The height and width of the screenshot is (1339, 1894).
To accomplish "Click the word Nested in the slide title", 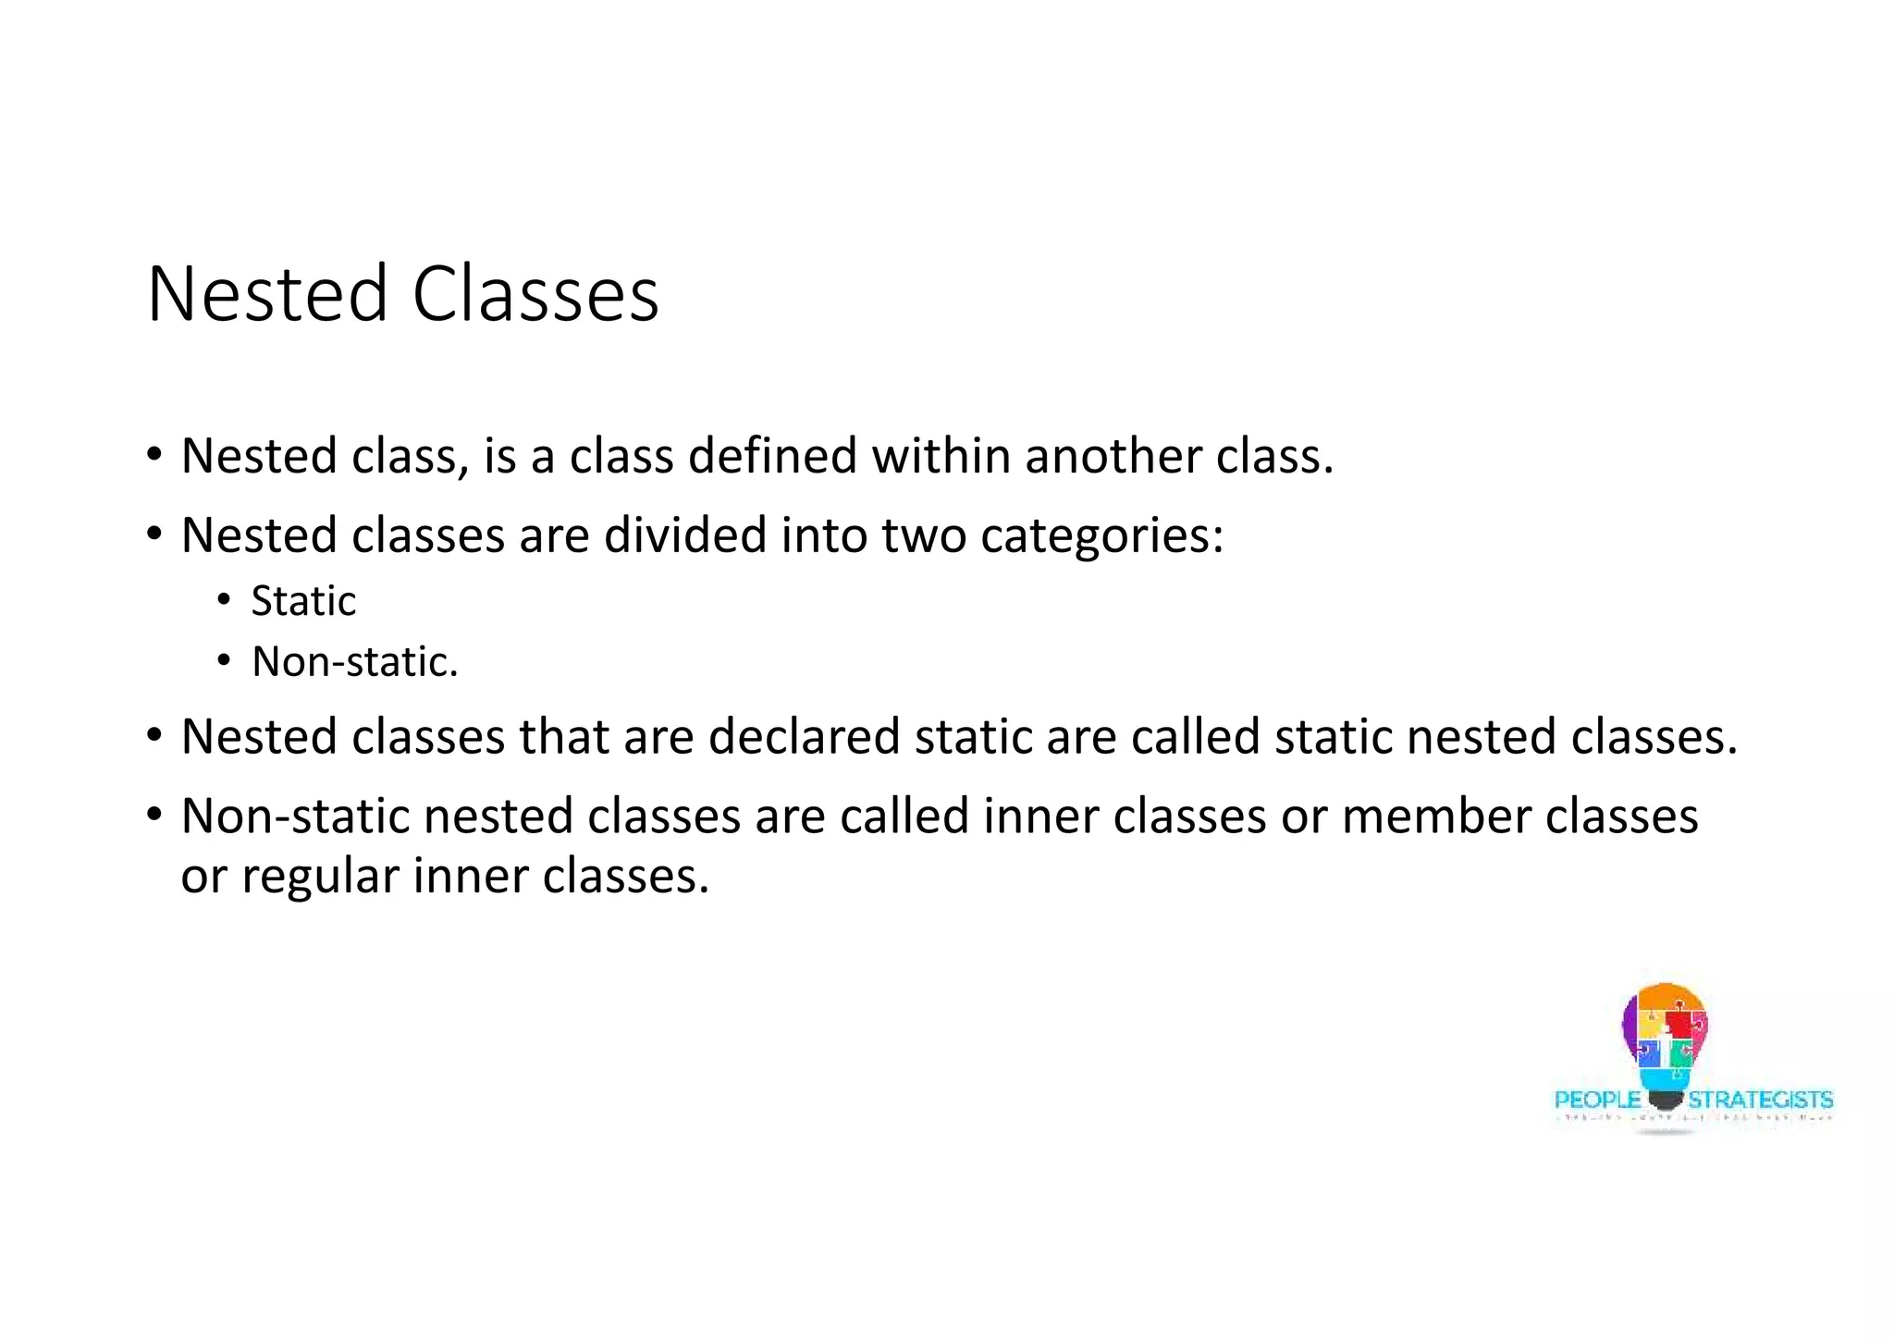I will pos(266,294).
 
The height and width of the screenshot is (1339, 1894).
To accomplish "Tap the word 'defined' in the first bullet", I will pos(772,456).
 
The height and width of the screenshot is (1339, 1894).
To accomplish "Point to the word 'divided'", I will pos(685,535).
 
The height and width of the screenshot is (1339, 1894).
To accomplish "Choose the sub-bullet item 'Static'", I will pos(303,602).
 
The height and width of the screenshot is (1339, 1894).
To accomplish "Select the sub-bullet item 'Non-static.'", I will pos(355,662).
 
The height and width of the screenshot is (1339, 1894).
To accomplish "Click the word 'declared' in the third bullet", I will pos(804,737).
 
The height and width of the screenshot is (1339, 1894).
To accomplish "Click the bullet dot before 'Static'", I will pos(224,602).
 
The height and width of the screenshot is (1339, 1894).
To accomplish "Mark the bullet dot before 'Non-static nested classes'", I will pos(154,815).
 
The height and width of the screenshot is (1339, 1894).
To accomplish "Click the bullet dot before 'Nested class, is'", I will pos(154,455).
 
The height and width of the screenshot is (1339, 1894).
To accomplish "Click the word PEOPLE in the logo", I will pos(1597,1100).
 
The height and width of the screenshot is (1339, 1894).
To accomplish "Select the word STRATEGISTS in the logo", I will pos(1760,1100).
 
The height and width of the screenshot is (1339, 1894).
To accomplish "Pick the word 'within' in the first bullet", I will pos(941,456).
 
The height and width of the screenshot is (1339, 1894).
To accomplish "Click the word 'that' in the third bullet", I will pos(563,737).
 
